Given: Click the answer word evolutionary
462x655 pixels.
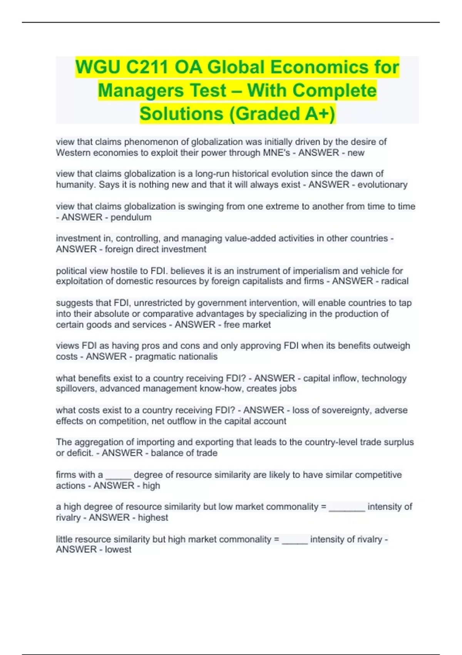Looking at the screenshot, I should coord(382,185).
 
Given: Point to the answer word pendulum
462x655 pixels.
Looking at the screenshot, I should coord(131,217).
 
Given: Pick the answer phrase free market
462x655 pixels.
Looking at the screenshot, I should coord(247,325).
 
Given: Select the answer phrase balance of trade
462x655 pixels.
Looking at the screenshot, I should coord(184,453).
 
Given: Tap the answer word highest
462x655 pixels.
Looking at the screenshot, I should coord(153,517).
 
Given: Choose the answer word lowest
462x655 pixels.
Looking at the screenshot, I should coord(118,549).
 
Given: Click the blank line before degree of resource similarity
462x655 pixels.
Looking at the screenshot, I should coord(118,476).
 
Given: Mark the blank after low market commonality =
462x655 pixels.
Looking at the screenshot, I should coord(347,508).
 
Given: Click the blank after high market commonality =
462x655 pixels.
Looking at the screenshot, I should coord(295,541).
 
